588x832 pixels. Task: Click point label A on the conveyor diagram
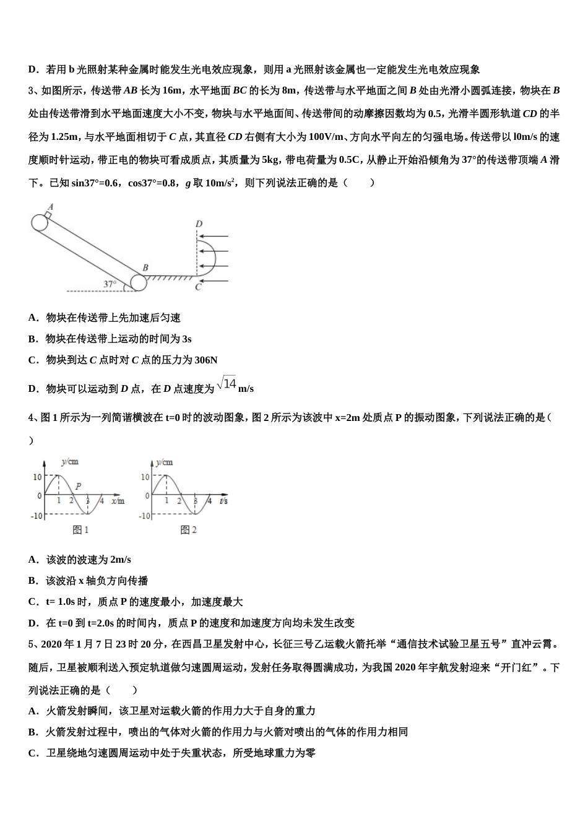tap(50, 207)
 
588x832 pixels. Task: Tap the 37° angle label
tap(110, 284)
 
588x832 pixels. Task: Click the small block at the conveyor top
tap(48, 215)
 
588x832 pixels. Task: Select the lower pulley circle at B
tap(139, 282)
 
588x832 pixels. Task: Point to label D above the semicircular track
tap(198, 223)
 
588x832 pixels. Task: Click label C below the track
tap(198, 287)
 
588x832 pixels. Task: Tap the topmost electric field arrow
tap(215, 236)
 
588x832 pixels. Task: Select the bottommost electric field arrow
tap(215, 280)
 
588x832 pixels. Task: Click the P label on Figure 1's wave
tap(78, 487)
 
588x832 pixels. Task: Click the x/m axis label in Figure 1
tap(118, 501)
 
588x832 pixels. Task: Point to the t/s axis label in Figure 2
tap(223, 501)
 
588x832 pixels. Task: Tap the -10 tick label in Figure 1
tap(37, 516)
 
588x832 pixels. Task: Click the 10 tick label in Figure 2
tap(145, 477)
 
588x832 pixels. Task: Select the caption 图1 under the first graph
tap(81, 530)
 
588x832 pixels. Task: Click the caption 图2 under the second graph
tap(188, 530)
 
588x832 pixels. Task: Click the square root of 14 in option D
tap(227, 384)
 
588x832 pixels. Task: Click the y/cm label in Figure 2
tap(165, 462)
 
